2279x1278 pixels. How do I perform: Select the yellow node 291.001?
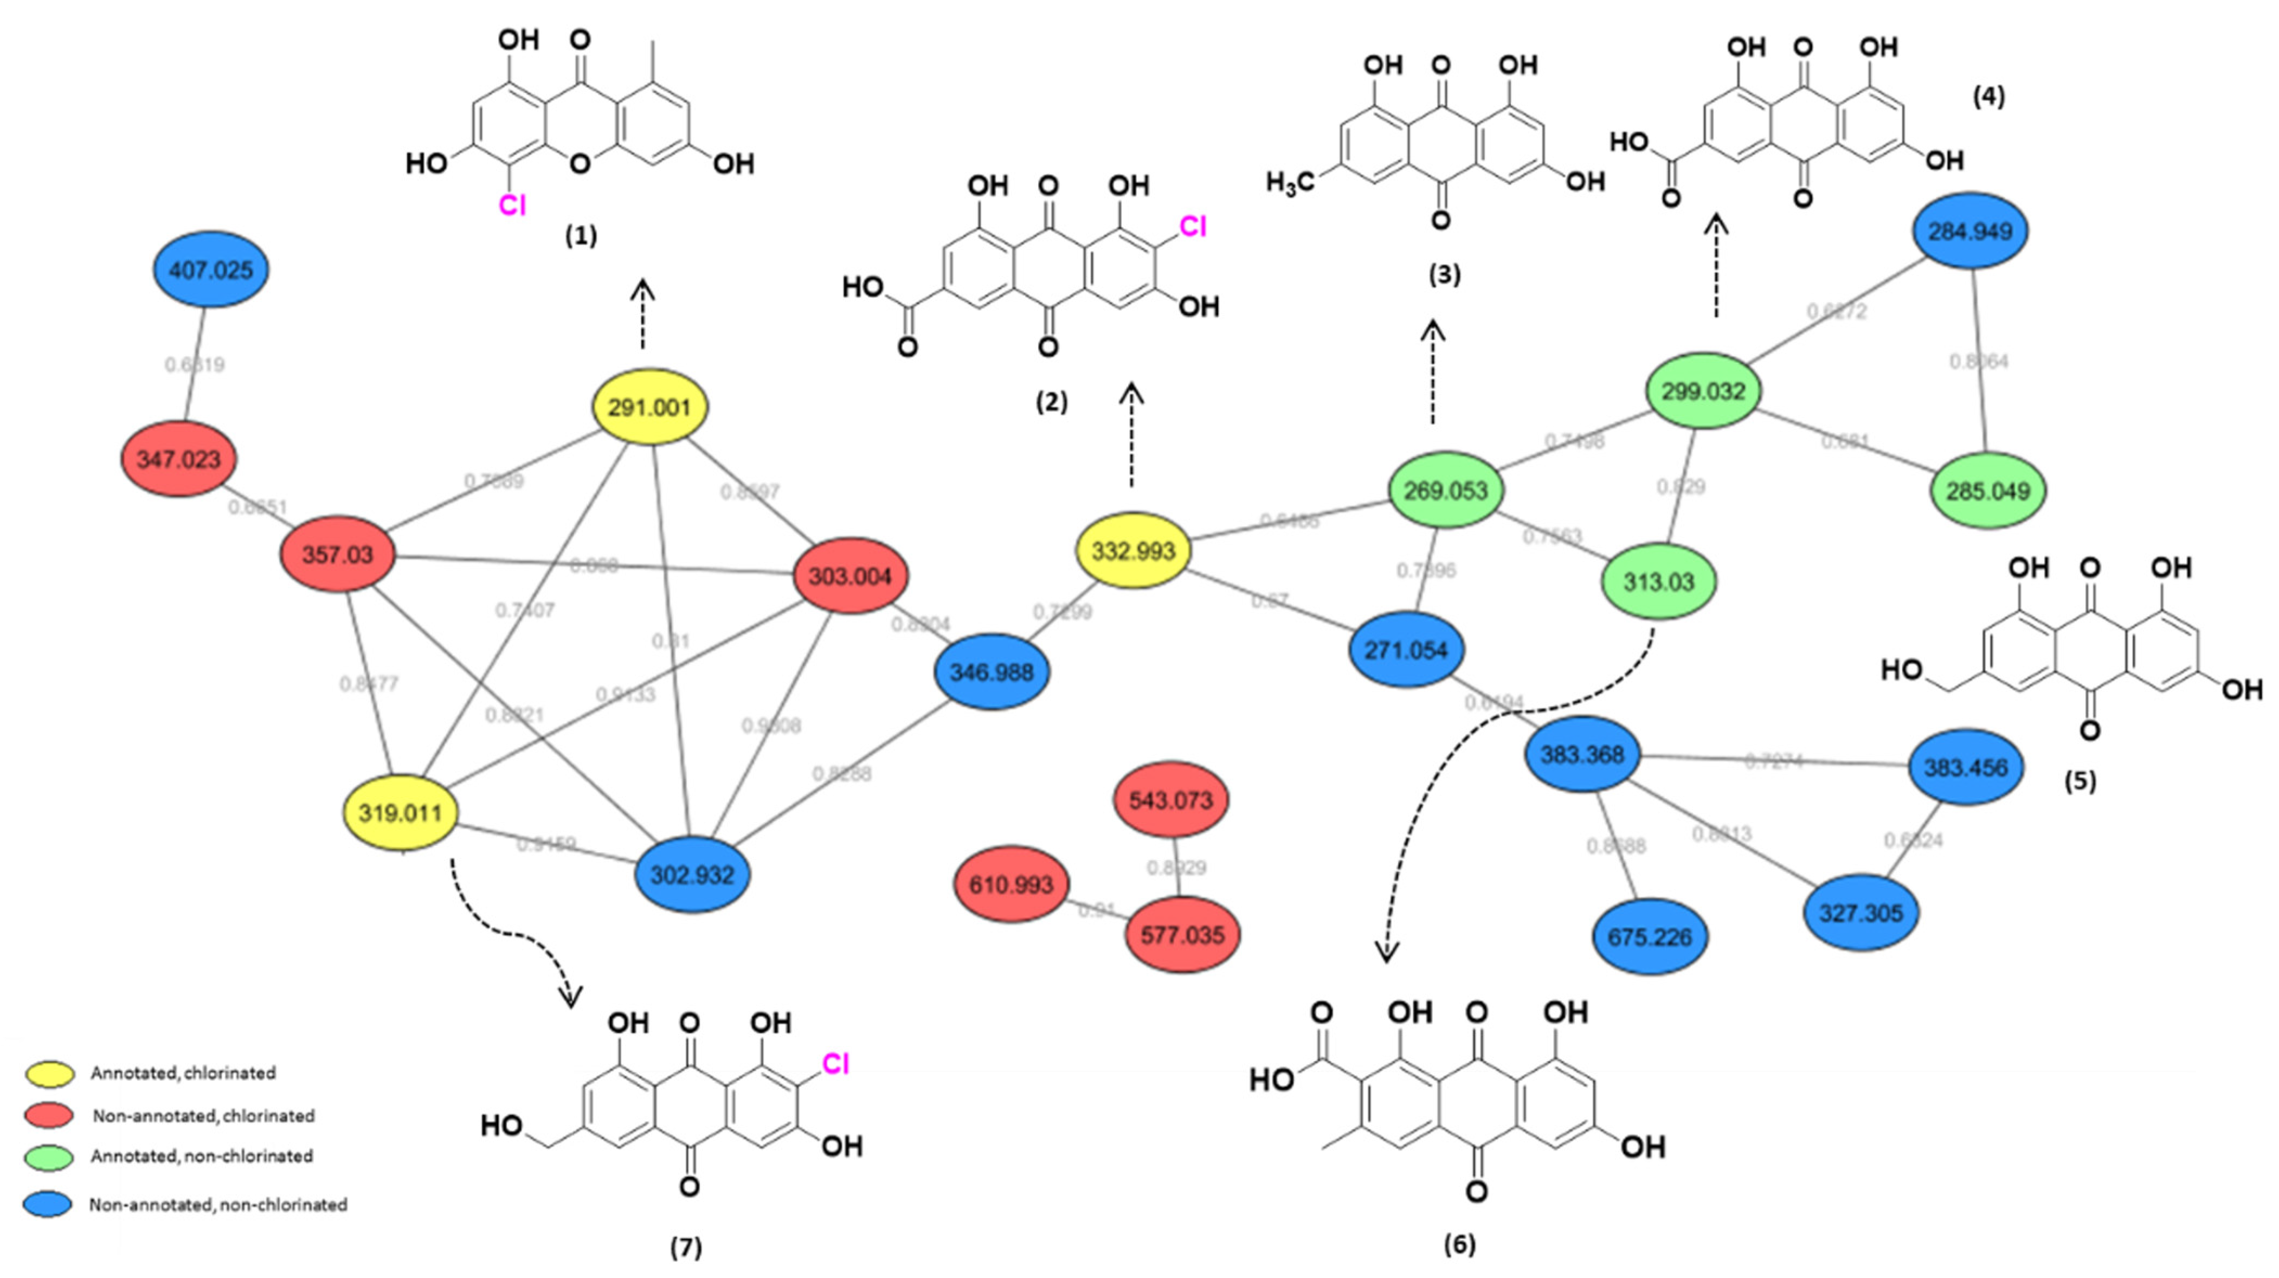[x=649, y=407]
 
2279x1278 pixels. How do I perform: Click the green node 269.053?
[x=1446, y=490]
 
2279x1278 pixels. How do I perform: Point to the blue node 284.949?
[x=1970, y=231]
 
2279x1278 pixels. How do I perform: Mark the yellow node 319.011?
[x=401, y=812]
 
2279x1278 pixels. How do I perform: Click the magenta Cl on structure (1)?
[x=512, y=205]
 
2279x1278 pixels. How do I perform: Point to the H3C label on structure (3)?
[x=1289, y=183]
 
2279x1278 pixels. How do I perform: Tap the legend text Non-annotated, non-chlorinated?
[x=217, y=1205]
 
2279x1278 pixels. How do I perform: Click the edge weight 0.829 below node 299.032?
[x=1680, y=487]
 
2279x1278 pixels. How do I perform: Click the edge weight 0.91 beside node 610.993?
[x=1096, y=910]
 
